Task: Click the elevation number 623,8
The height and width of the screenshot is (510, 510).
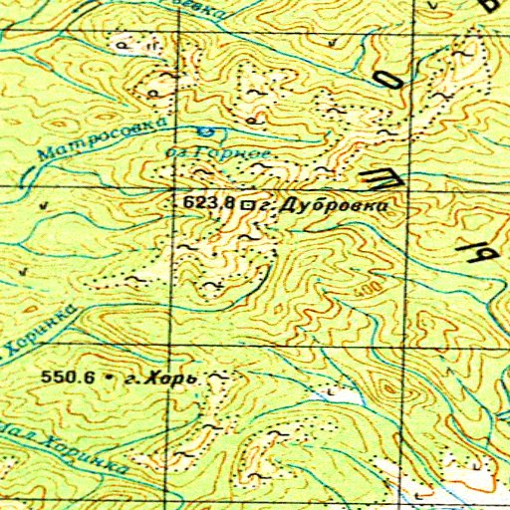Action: [208, 202]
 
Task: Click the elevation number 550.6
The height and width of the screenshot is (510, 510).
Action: [68, 379]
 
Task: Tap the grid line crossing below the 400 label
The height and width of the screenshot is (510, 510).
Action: [408, 342]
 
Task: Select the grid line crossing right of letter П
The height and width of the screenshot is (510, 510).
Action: [408, 187]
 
